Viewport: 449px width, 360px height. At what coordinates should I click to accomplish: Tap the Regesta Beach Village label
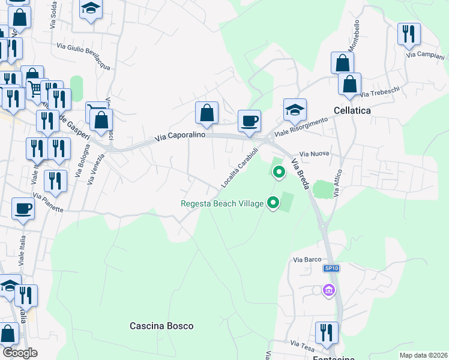tap(222, 203)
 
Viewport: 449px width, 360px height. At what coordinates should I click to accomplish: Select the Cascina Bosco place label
tap(161, 326)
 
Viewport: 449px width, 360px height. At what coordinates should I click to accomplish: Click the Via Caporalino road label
tap(180, 136)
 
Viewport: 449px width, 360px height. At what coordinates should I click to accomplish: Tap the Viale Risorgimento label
tap(301, 127)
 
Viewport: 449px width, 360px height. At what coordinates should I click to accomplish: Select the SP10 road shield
tap(331, 268)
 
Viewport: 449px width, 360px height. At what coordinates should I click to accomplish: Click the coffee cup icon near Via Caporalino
tap(249, 121)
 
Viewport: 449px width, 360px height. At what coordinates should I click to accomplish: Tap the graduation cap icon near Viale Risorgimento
tap(295, 109)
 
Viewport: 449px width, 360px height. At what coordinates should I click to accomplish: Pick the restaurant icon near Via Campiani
tap(409, 34)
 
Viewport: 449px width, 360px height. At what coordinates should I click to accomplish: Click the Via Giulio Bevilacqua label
tap(83, 56)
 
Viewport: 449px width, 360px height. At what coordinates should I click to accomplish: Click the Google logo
tap(20, 353)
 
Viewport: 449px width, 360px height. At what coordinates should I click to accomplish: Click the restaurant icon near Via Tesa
tap(327, 333)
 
